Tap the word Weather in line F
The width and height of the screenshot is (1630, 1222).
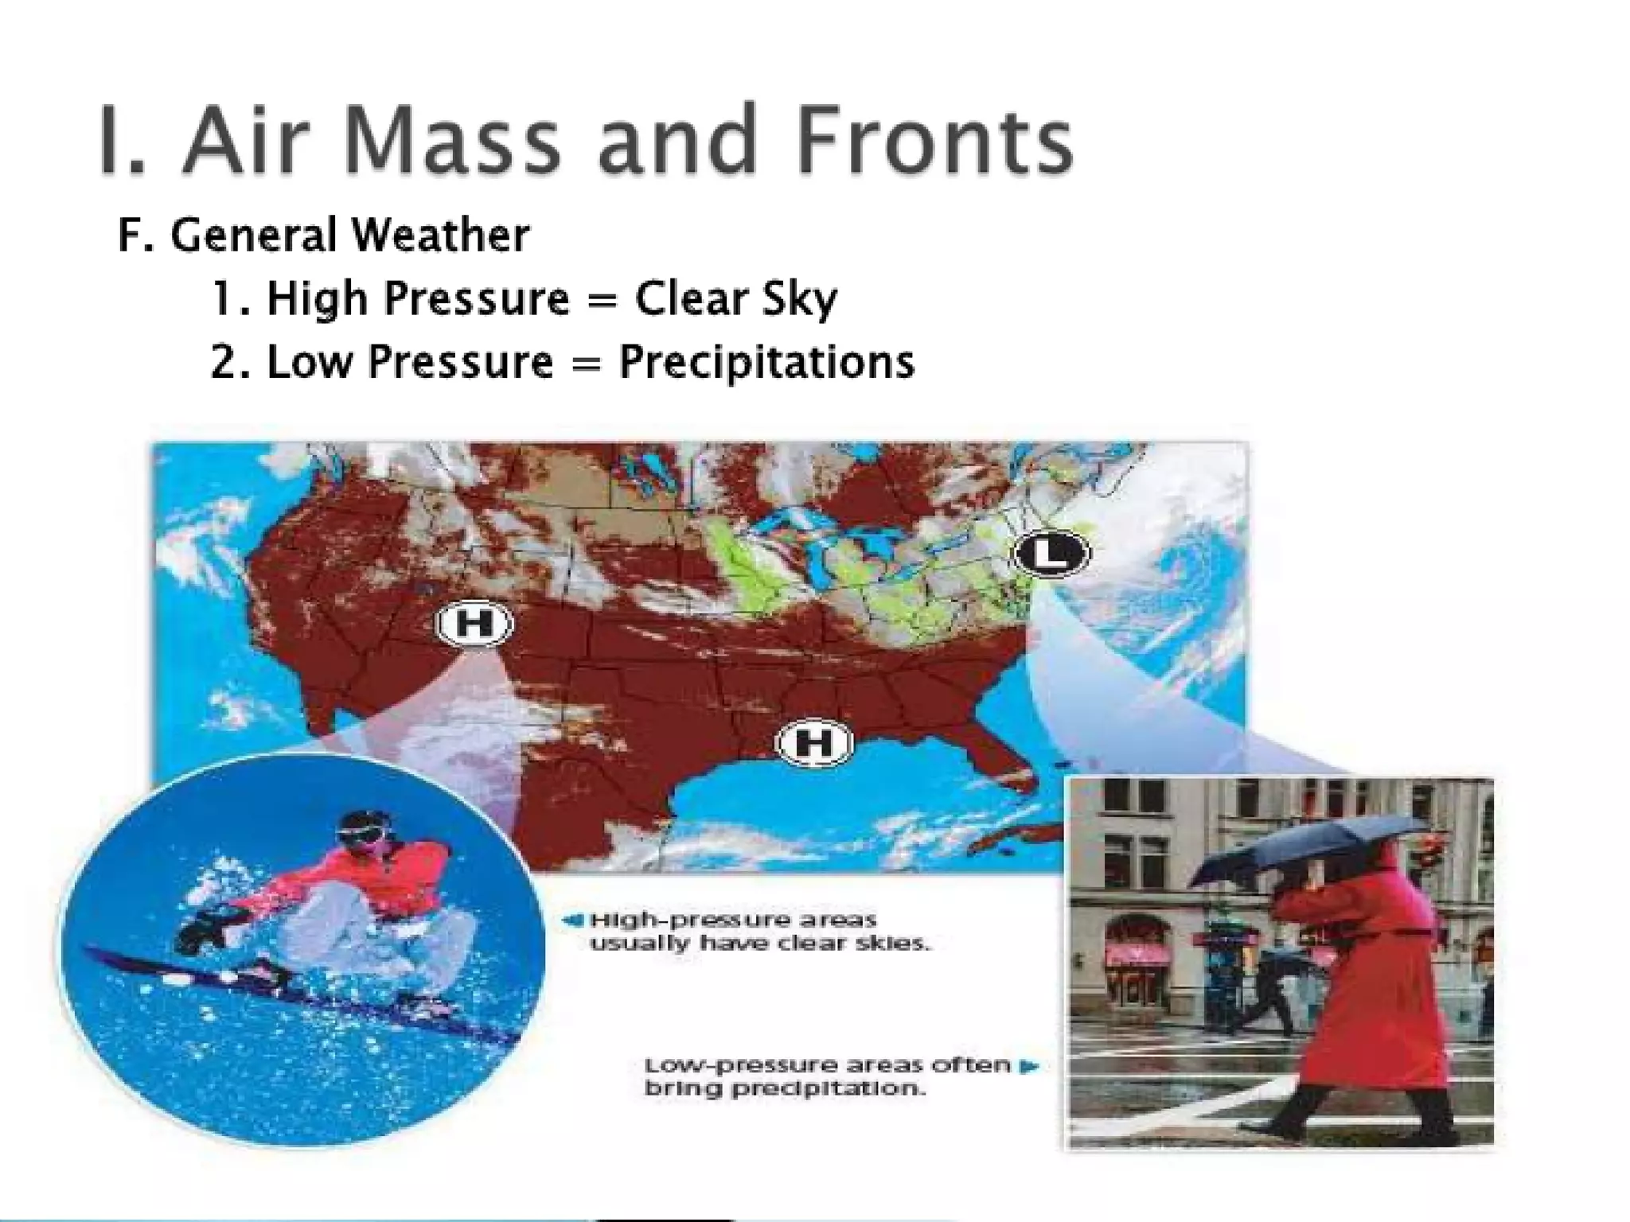click(x=440, y=235)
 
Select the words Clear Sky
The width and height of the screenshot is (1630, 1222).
click(x=736, y=299)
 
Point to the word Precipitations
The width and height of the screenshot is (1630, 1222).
click(x=767, y=362)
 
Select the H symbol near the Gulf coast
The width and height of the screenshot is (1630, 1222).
click(x=813, y=743)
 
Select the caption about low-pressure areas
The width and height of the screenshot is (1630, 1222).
click(x=828, y=1076)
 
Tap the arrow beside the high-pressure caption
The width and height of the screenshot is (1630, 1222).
click(x=571, y=920)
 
